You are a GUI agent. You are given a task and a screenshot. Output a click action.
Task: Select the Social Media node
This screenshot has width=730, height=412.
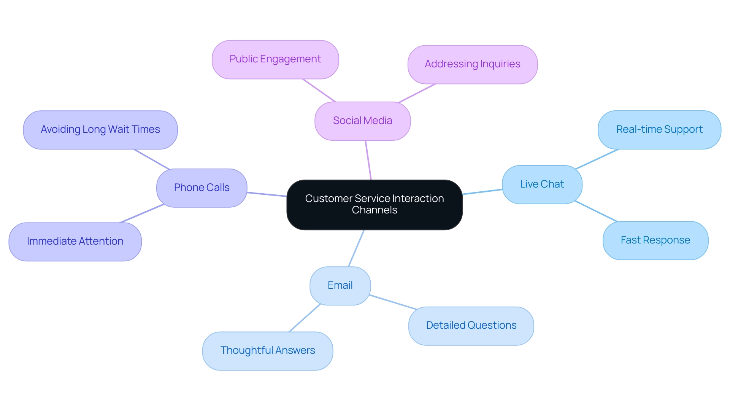(x=362, y=121)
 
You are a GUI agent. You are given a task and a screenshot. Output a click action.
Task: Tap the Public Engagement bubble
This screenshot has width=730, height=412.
(x=275, y=59)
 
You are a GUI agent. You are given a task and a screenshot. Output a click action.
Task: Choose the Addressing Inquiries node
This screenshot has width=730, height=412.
(x=472, y=64)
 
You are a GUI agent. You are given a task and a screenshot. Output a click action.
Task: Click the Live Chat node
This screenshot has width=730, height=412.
(x=542, y=185)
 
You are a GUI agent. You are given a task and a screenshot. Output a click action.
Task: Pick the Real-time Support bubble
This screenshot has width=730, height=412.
(x=659, y=130)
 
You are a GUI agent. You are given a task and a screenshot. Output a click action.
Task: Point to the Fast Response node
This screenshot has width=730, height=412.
(x=655, y=240)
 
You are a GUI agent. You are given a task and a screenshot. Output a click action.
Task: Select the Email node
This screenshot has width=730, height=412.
(x=340, y=286)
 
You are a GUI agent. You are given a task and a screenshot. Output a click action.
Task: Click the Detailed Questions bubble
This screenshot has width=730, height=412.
(x=471, y=326)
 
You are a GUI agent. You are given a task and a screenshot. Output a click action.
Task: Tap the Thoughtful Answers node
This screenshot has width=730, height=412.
(x=267, y=351)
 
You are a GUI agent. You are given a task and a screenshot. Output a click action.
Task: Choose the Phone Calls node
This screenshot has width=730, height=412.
(x=202, y=188)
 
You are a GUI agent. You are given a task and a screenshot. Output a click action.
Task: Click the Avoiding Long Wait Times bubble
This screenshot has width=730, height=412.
(x=100, y=130)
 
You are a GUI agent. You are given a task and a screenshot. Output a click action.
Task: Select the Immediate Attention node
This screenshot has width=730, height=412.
(x=75, y=242)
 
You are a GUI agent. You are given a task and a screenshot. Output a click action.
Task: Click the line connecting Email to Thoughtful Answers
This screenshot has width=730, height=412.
(x=305, y=318)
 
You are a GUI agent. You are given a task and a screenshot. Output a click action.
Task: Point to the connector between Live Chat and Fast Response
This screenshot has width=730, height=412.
(x=596, y=211)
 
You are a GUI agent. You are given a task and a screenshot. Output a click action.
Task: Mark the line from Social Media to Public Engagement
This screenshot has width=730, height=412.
(x=319, y=90)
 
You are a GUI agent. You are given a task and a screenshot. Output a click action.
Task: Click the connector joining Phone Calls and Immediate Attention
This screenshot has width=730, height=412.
(x=141, y=213)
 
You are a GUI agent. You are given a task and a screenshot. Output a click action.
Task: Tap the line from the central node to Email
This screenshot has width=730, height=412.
(x=356, y=248)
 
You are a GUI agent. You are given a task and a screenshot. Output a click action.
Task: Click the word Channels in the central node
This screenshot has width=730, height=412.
(x=374, y=210)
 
